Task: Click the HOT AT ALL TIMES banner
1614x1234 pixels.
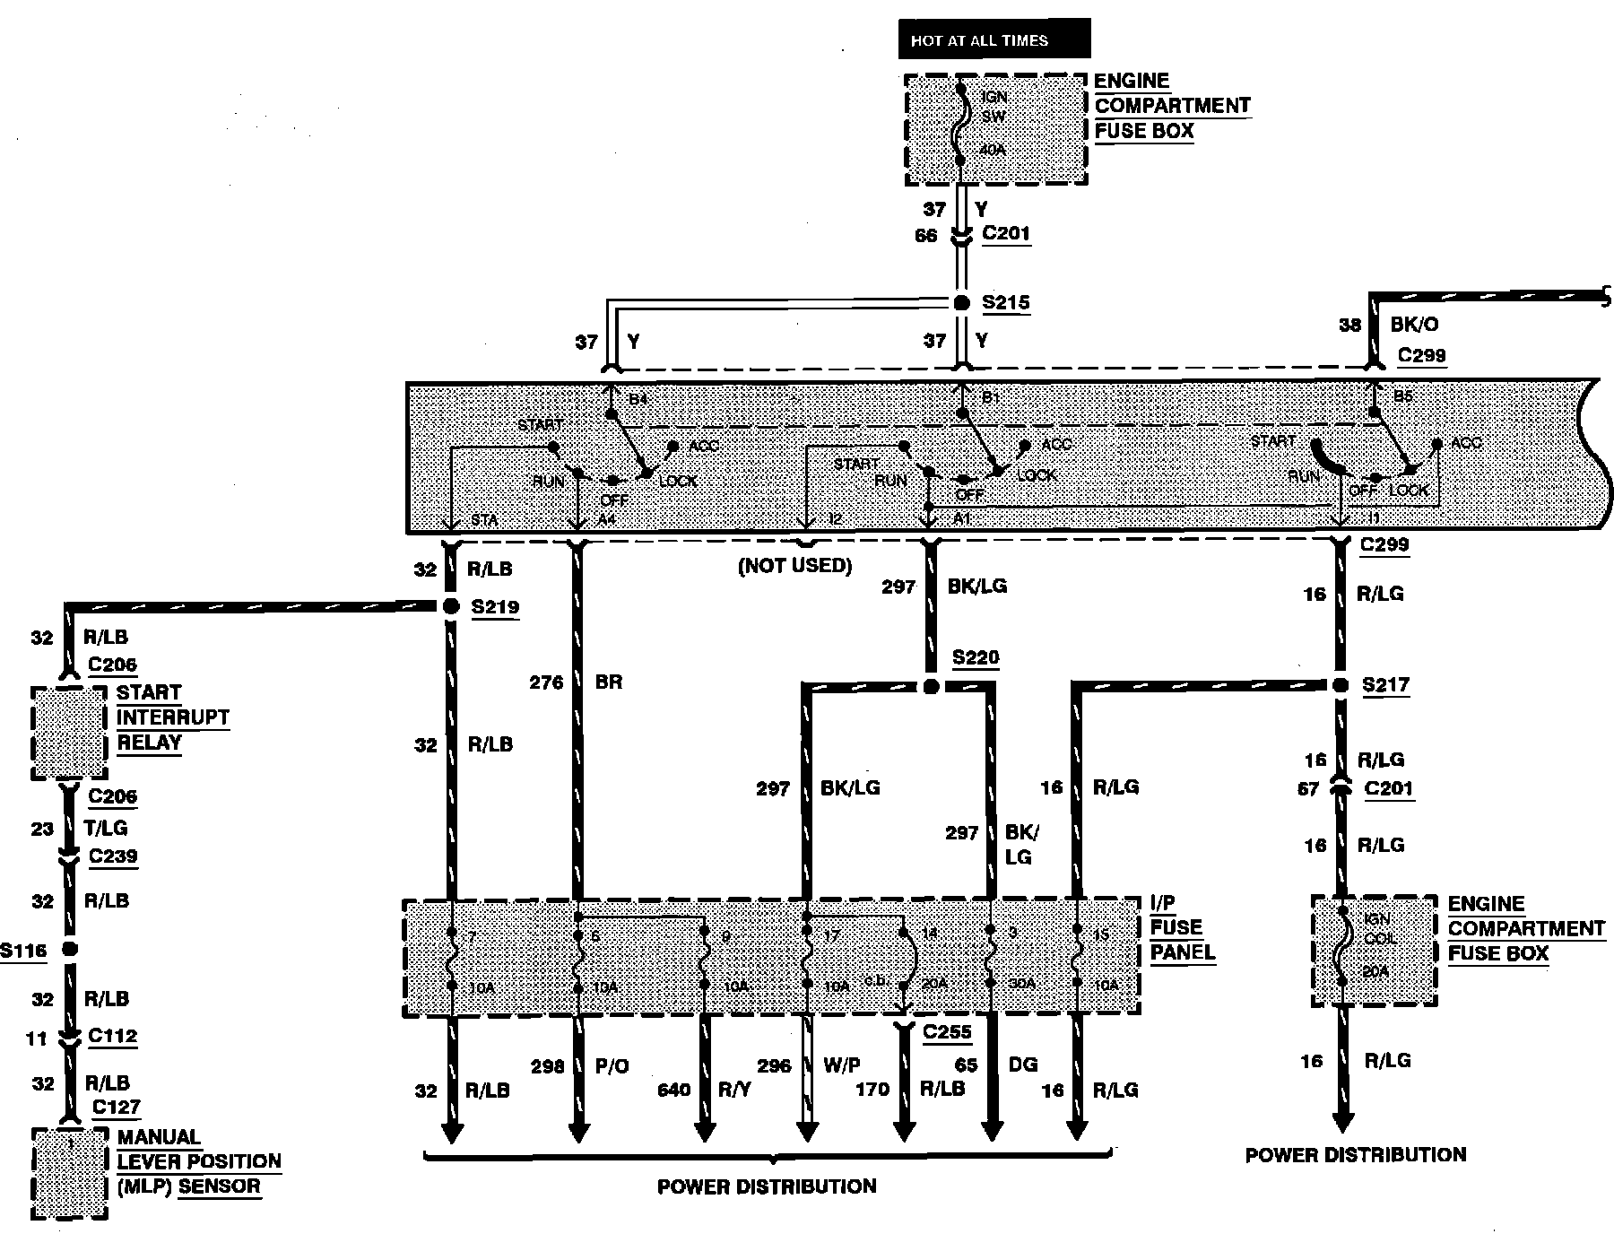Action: [x=994, y=40]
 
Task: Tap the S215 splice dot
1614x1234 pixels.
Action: [x=961, y=303]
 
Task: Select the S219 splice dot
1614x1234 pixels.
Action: [x=450, y=607]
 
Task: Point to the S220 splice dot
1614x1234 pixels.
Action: [x=931, y=687]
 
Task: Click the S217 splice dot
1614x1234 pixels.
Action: [x=1340, y=686]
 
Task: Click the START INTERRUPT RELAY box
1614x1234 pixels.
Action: [x=69, y=733]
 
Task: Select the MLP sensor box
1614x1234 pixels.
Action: [x=69, y=1172]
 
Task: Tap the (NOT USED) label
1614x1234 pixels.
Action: [x=794, y=566]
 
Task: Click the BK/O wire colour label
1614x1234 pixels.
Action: [x=1414, y=325]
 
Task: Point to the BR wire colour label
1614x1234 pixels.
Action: [x=608, y=682]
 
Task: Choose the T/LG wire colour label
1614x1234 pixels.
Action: [x=106, y=828]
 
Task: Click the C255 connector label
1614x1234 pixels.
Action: [x=947, y=1032]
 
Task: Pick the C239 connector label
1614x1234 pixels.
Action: [x=113, y=856]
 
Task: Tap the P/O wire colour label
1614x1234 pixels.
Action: [x=612, y=1065]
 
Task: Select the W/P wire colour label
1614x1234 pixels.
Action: [x=841, y=1065]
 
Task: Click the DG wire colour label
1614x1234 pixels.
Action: [x=1023, y=1065]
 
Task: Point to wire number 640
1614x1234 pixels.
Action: [x=673, y=1090]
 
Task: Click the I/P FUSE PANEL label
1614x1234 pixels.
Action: [x=1182, y=928]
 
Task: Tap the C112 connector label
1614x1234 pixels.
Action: [x=113, y=1037]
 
